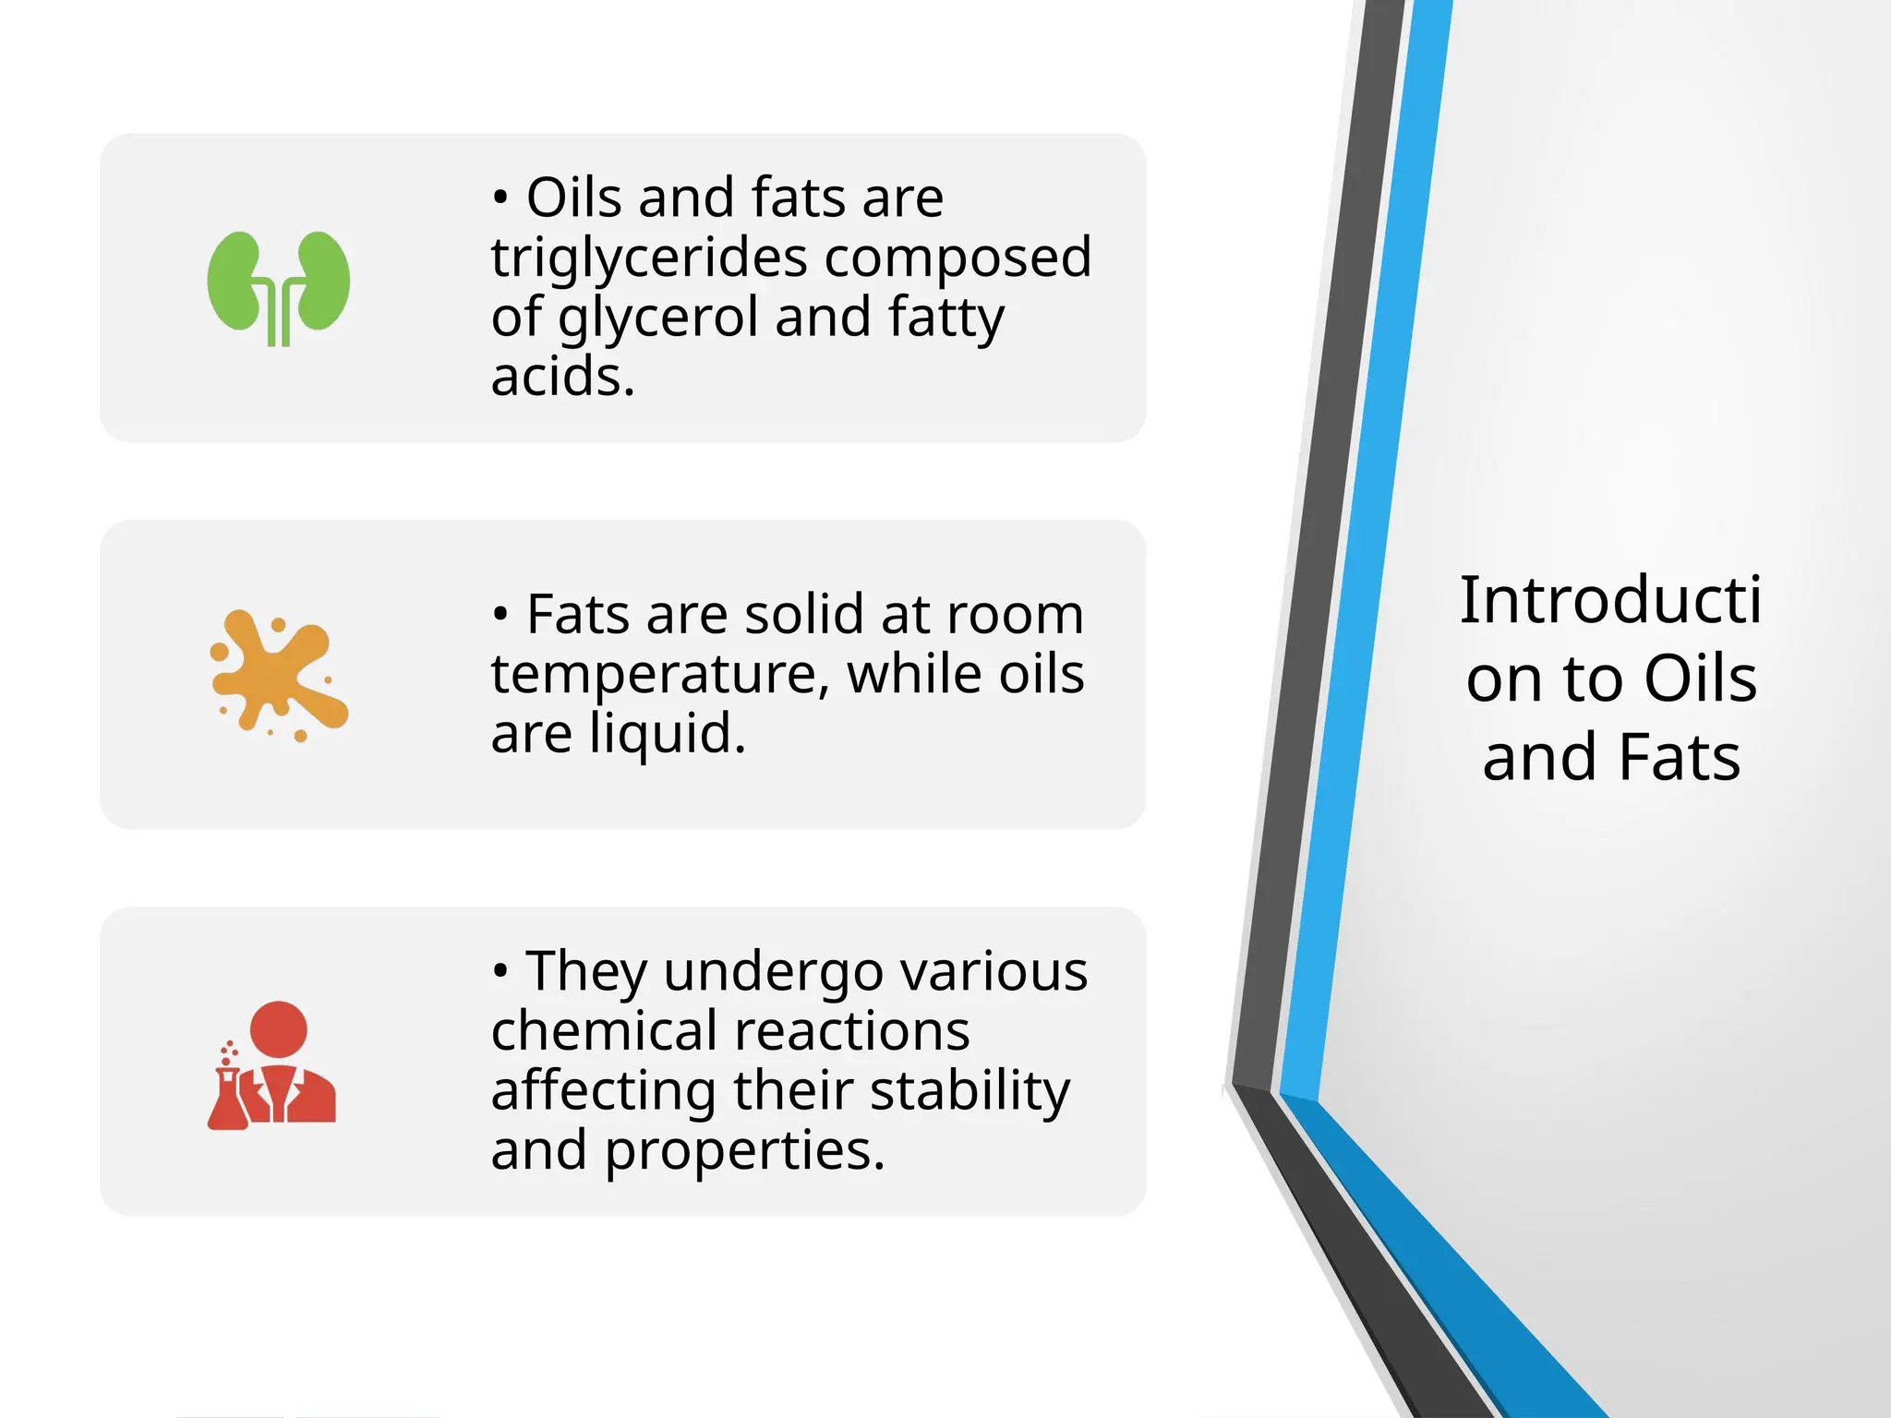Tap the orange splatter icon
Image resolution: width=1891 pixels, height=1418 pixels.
278,675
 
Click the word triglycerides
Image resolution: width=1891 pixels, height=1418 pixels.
647,258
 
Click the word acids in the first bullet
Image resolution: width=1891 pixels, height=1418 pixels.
561,378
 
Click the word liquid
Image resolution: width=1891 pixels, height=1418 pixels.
667,735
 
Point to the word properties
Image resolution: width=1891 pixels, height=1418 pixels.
744,1151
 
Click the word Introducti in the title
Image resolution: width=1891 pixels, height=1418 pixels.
1610,600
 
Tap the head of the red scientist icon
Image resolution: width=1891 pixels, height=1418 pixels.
278,1030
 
